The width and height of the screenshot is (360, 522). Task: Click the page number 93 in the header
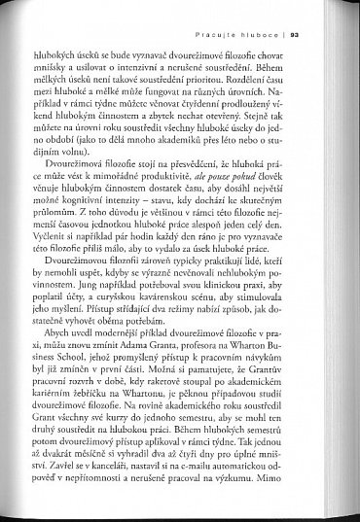321,37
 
